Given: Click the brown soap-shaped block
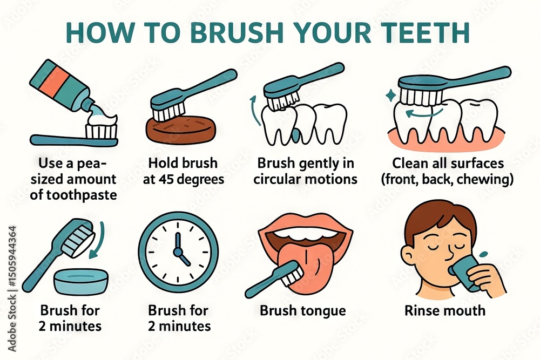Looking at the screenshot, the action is point(181,130).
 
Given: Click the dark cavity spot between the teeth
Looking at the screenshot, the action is point(295,135).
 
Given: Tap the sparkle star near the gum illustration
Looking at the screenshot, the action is point(391,96).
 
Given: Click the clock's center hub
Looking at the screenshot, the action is point(178,252).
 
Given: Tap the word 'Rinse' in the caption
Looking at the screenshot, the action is point(423,310).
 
